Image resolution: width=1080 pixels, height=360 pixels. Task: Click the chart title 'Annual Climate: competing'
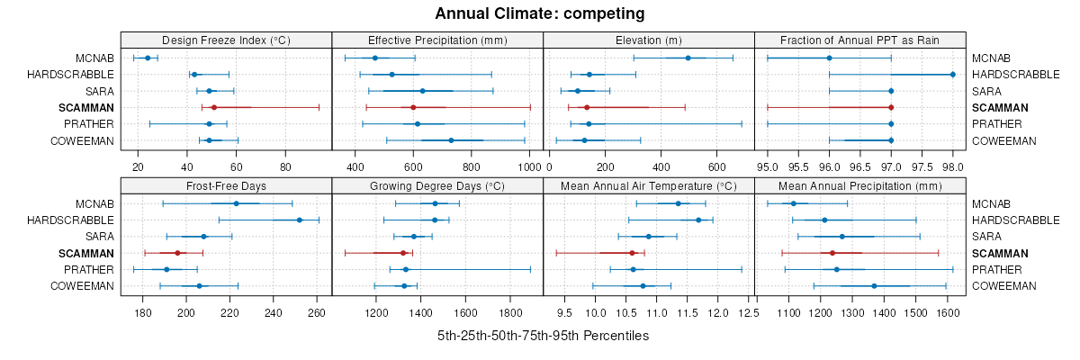point(540,13)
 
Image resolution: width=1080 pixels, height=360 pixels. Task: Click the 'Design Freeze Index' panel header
point(226,40)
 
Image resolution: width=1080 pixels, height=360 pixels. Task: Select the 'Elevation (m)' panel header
point(648,40)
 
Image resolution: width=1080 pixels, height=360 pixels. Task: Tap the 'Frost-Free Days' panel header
point(226,185)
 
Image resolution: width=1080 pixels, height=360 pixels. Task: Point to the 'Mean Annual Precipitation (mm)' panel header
point(860,185)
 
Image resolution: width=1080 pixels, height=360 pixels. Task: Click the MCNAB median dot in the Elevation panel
point(688,58)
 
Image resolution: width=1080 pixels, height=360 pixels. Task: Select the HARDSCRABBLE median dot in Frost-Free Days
point(300,220)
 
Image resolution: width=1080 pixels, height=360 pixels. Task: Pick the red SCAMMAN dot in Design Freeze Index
point(214,107)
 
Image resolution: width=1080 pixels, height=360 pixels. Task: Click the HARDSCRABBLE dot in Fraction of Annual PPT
point(952,74)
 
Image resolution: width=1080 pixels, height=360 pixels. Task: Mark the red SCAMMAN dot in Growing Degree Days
point(402,253)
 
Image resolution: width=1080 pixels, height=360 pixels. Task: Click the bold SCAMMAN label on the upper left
point(89,107)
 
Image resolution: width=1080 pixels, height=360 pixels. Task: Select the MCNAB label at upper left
point(96,58)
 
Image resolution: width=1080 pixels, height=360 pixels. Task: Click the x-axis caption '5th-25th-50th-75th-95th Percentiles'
point(544,335)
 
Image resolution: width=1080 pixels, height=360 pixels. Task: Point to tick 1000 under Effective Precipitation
point(529,166)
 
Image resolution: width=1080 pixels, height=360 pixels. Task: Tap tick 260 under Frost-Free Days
point(316,312)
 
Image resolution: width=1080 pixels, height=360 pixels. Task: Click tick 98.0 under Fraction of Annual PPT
point(952,166)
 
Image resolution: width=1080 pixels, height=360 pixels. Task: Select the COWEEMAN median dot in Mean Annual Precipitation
point(874,286)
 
